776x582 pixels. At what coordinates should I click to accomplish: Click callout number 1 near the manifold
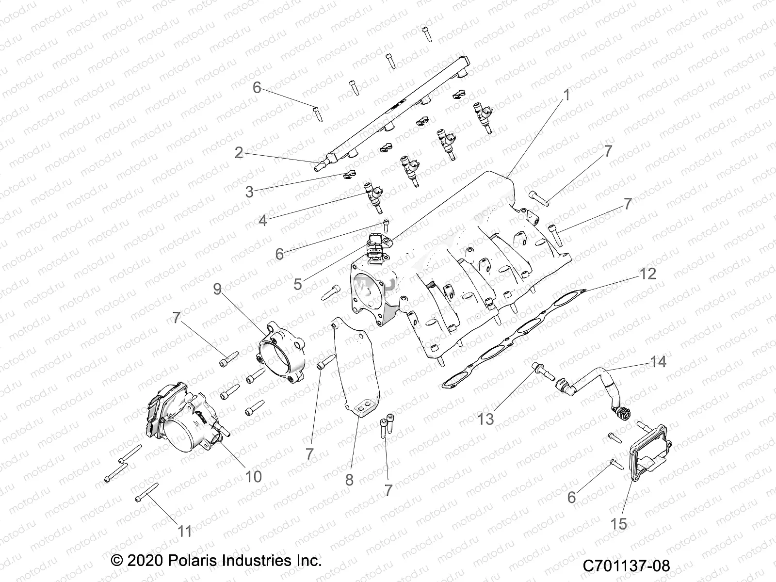(566, 95)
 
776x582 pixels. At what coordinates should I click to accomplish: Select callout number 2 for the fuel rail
(239, 153)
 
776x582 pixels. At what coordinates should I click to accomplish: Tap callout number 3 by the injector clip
(249, 192)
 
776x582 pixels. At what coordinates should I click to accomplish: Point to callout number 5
(297, 284)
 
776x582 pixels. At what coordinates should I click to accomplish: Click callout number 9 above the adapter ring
(217, 289)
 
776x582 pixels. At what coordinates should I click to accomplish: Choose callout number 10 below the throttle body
(253, 476)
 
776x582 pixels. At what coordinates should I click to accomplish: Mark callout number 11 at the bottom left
(185, 532)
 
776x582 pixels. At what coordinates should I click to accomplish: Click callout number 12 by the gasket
(648, 274)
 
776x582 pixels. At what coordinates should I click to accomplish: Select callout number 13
(485, 419)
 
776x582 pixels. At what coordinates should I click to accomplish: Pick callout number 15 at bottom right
(619, 524)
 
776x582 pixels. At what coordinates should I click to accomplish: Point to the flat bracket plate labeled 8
(359, 369)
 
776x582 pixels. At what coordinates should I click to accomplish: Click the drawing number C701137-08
(626, 566)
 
